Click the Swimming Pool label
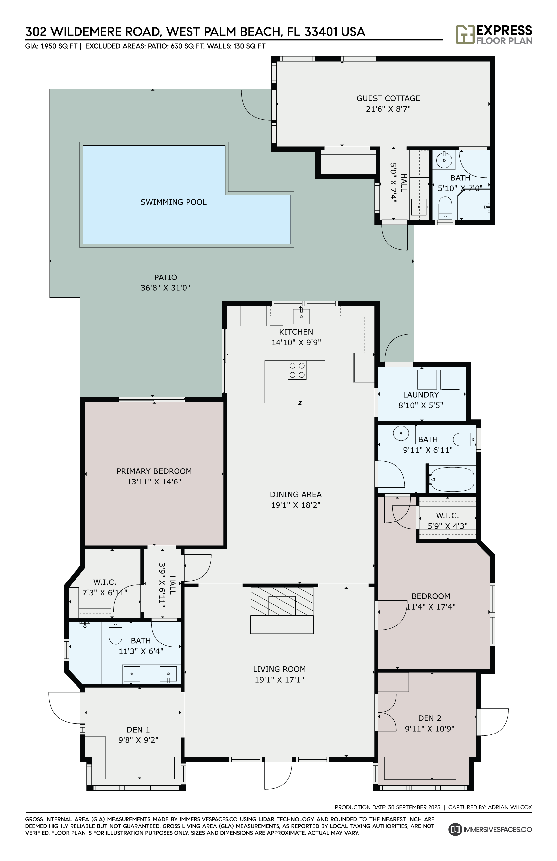pos(173,202)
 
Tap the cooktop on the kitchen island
pos(297,370)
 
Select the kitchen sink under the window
pos(301,316)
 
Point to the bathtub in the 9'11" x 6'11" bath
pos(452,479)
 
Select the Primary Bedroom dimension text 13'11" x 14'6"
pos(154,482)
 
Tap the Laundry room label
pos(421,395)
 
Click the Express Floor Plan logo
pos(494,35)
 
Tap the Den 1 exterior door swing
pos(64,708)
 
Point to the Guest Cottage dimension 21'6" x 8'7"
pos(388,109)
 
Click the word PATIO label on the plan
pos(165,278)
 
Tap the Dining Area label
pos(295,495)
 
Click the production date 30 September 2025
pos(414,807)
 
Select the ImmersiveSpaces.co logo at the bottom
pos(490,829)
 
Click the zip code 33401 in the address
pos(321,32)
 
